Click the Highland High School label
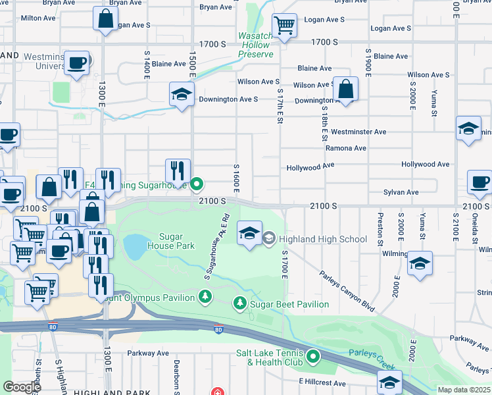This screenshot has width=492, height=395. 323,238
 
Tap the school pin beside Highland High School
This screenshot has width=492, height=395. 249,234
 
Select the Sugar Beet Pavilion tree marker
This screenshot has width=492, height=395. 241,303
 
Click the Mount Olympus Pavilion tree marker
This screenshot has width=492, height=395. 206,298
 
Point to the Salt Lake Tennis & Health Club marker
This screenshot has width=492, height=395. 313,357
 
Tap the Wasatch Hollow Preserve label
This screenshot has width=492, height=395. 255,45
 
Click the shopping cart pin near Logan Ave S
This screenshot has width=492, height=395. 284,26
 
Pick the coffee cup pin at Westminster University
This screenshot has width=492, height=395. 77,63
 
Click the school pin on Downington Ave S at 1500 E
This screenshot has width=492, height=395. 182,94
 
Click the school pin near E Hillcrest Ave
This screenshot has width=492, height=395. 389,382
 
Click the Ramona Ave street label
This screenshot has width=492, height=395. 346,148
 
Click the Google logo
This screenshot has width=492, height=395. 22,386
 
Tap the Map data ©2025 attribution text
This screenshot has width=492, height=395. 463,390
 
